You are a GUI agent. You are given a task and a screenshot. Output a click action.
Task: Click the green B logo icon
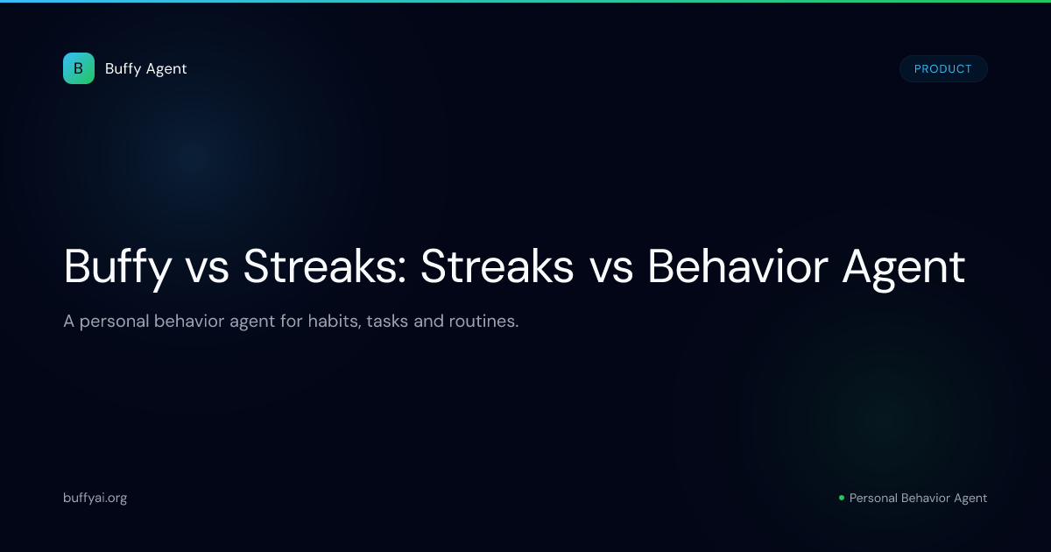click(x=79, y=68)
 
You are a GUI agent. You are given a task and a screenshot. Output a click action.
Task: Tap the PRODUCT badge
click(x=943, y=69)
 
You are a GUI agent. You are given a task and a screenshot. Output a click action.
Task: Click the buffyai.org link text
click(x=95, y=498)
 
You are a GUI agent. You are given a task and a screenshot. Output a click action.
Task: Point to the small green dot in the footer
click(x=842, y=498)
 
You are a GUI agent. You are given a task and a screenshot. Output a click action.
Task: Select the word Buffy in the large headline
click(x=117, y=267)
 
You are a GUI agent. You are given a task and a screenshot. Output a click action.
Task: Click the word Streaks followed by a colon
click(x=324, y=266)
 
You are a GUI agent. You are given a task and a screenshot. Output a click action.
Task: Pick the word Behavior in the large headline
click(x=737, y=265)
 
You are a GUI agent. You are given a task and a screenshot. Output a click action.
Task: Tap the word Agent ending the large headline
click(x=904, y=268)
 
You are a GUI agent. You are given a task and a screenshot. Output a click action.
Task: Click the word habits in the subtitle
click(x=335, y=321)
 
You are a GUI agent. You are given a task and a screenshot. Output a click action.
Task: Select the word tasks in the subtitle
click(x=387, y=321)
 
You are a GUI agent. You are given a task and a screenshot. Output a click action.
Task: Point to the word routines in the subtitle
click(x=483, y=321)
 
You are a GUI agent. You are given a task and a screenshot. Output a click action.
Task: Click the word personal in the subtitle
click(x=114, y=322)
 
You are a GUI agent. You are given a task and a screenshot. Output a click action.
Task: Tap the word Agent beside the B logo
click(x=166, y=69)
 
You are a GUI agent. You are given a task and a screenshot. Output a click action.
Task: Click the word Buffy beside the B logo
click(x=123, y=69)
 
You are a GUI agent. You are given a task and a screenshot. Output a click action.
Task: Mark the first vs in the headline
click(x=207, y=272)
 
